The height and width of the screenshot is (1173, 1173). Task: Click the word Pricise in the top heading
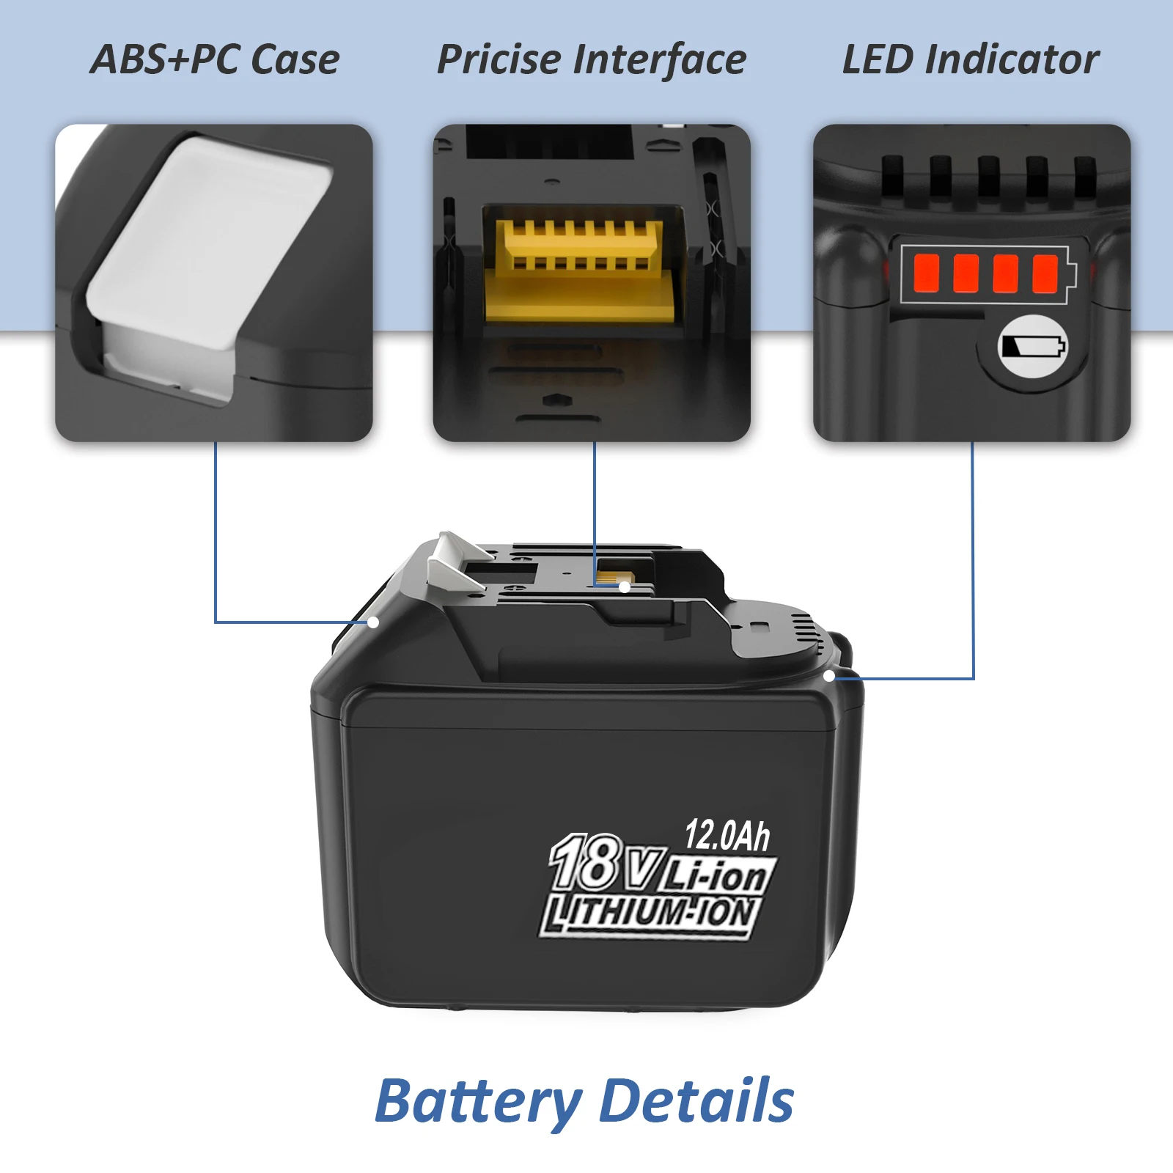(500, 59)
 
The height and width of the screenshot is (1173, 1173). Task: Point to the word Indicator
(1015, 59)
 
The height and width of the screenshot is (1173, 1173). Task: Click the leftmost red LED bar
(927, 272)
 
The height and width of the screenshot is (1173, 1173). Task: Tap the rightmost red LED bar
(1045, 272)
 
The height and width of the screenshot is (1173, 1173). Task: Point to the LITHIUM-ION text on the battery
(649, 915)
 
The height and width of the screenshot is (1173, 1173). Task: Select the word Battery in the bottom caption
(477, 1102)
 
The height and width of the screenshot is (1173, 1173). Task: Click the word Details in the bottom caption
(696, 1100)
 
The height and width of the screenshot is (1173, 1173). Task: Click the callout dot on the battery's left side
(373, 622)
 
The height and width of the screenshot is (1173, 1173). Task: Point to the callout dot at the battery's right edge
(829, 676)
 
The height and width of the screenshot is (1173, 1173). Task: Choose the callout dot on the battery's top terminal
(624, 586)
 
